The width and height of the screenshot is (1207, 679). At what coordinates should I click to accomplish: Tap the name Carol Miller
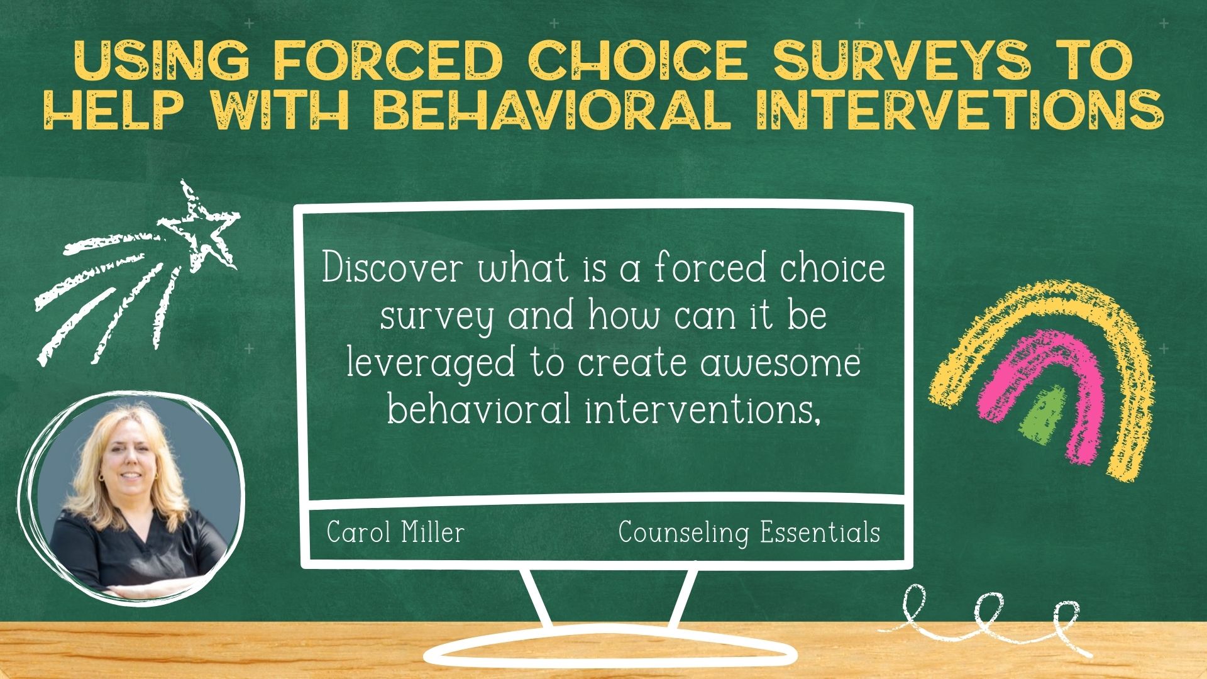click(x=395, y=533)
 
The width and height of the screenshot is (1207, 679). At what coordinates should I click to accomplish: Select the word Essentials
click(x=820, y=533)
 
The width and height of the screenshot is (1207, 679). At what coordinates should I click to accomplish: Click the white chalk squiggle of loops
click(x=987, y=619)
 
